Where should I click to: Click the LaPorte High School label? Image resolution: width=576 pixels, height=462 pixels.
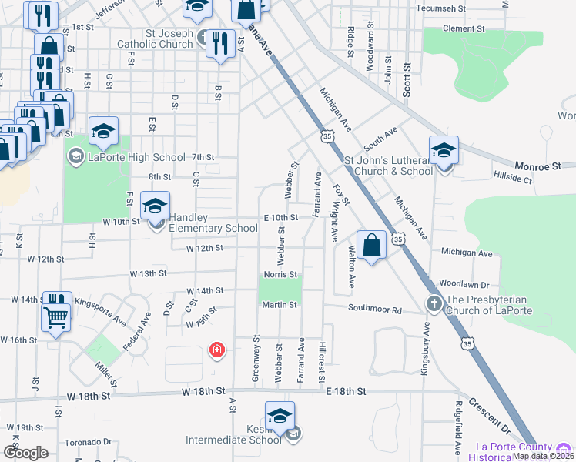136,158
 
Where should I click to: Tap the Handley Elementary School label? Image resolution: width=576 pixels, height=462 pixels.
213,223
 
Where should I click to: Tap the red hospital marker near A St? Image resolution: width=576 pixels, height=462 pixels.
217,350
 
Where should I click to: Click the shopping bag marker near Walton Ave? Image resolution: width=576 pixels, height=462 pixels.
371,246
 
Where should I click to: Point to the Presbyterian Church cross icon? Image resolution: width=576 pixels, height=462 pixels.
434,303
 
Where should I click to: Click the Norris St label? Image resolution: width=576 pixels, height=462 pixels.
280,274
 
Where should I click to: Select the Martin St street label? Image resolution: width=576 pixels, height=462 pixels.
280,305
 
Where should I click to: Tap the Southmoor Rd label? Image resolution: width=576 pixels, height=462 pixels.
375,310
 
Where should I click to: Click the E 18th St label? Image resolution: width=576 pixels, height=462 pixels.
343,392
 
